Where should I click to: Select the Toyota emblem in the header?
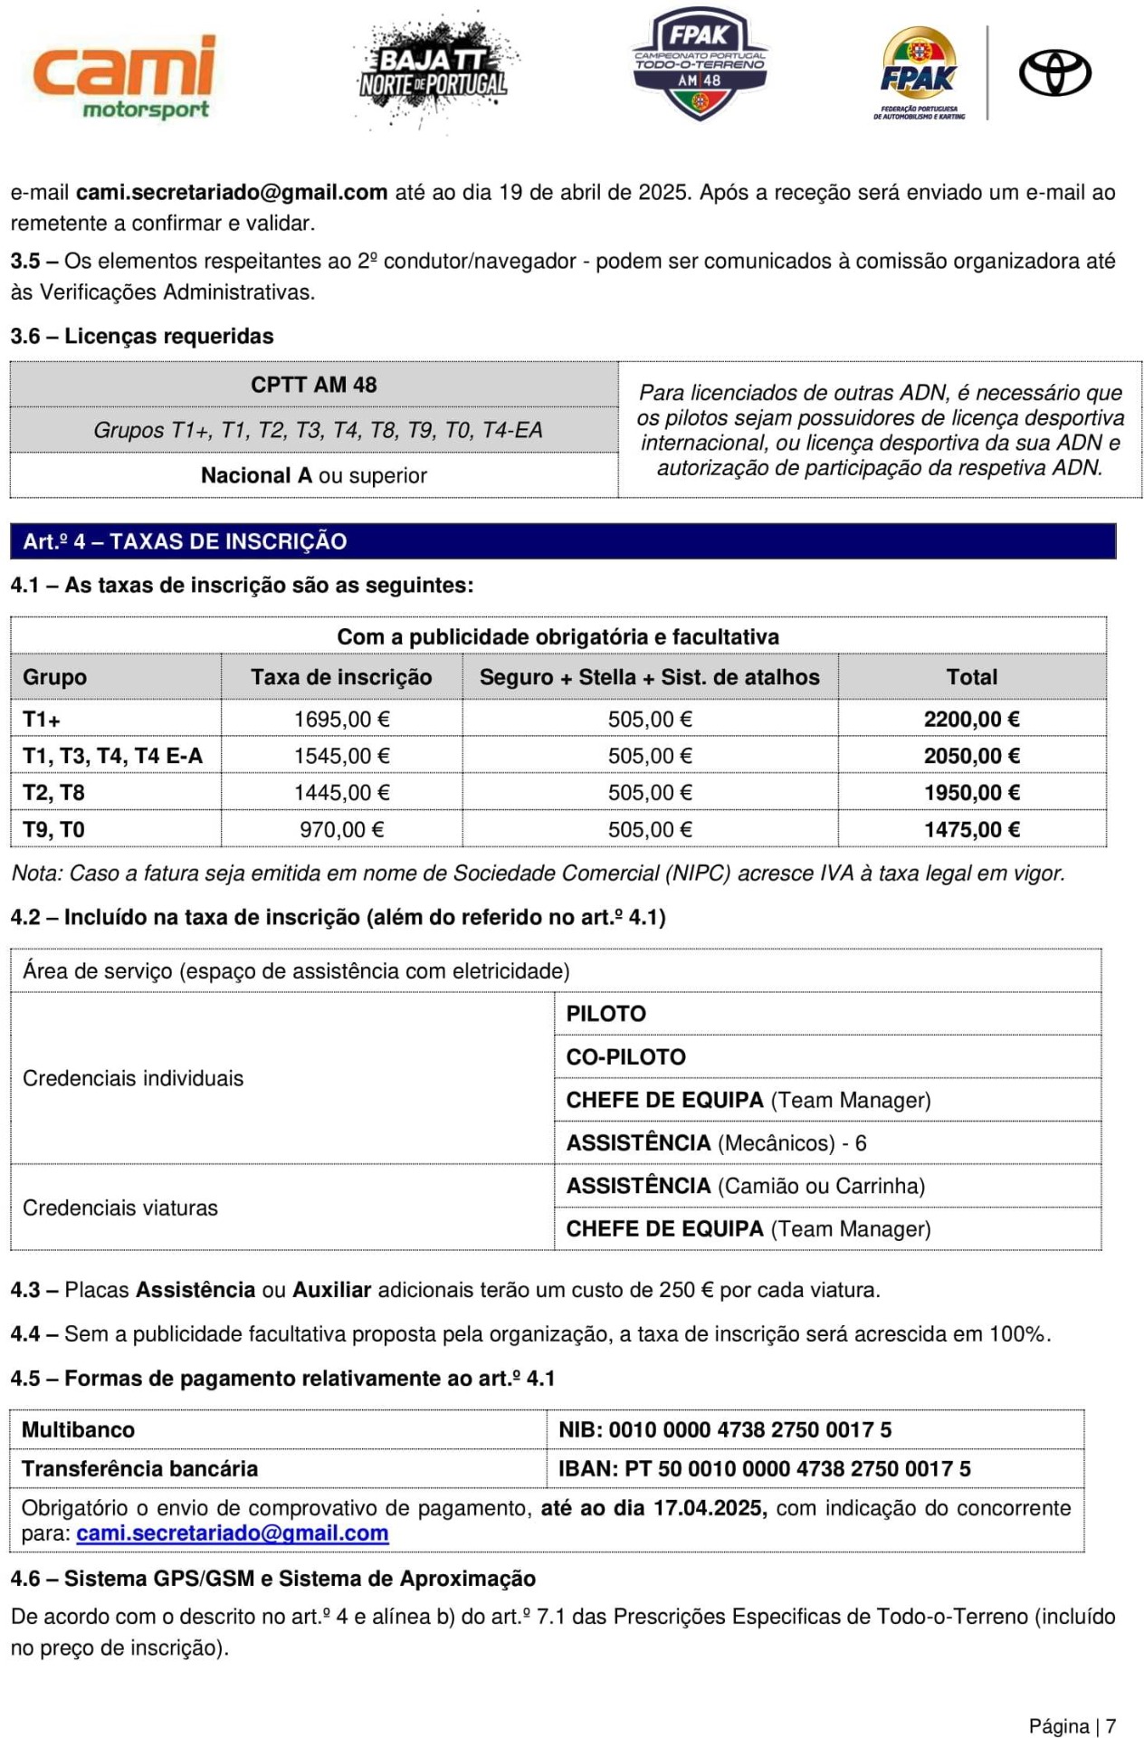(x=1054, y=73)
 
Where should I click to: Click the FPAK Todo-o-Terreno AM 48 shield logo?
(x=700, y=63)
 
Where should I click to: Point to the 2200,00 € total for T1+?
(x=971, y=720)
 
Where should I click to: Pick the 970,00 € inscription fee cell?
(x=341, y=829)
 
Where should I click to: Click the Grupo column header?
(x=55, y=677)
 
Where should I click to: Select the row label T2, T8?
(x=53, y=793)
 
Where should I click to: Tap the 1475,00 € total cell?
(x=971, y=829)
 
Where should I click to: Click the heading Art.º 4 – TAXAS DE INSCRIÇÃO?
(x=185, y=541)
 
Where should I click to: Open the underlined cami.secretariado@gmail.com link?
(x=233, y=1533)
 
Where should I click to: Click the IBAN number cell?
(x=764, y=1468)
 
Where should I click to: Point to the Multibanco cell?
(x=79, y=1429)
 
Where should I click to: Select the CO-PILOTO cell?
(x=625, y=1056)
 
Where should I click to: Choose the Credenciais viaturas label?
(x=120, y=1208)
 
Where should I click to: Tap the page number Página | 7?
(x=1072, y=1726)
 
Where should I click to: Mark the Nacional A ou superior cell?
(x=313, y=475)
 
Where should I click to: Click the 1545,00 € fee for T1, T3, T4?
(x=341, y=756)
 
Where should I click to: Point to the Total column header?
(x=971, y=677)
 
